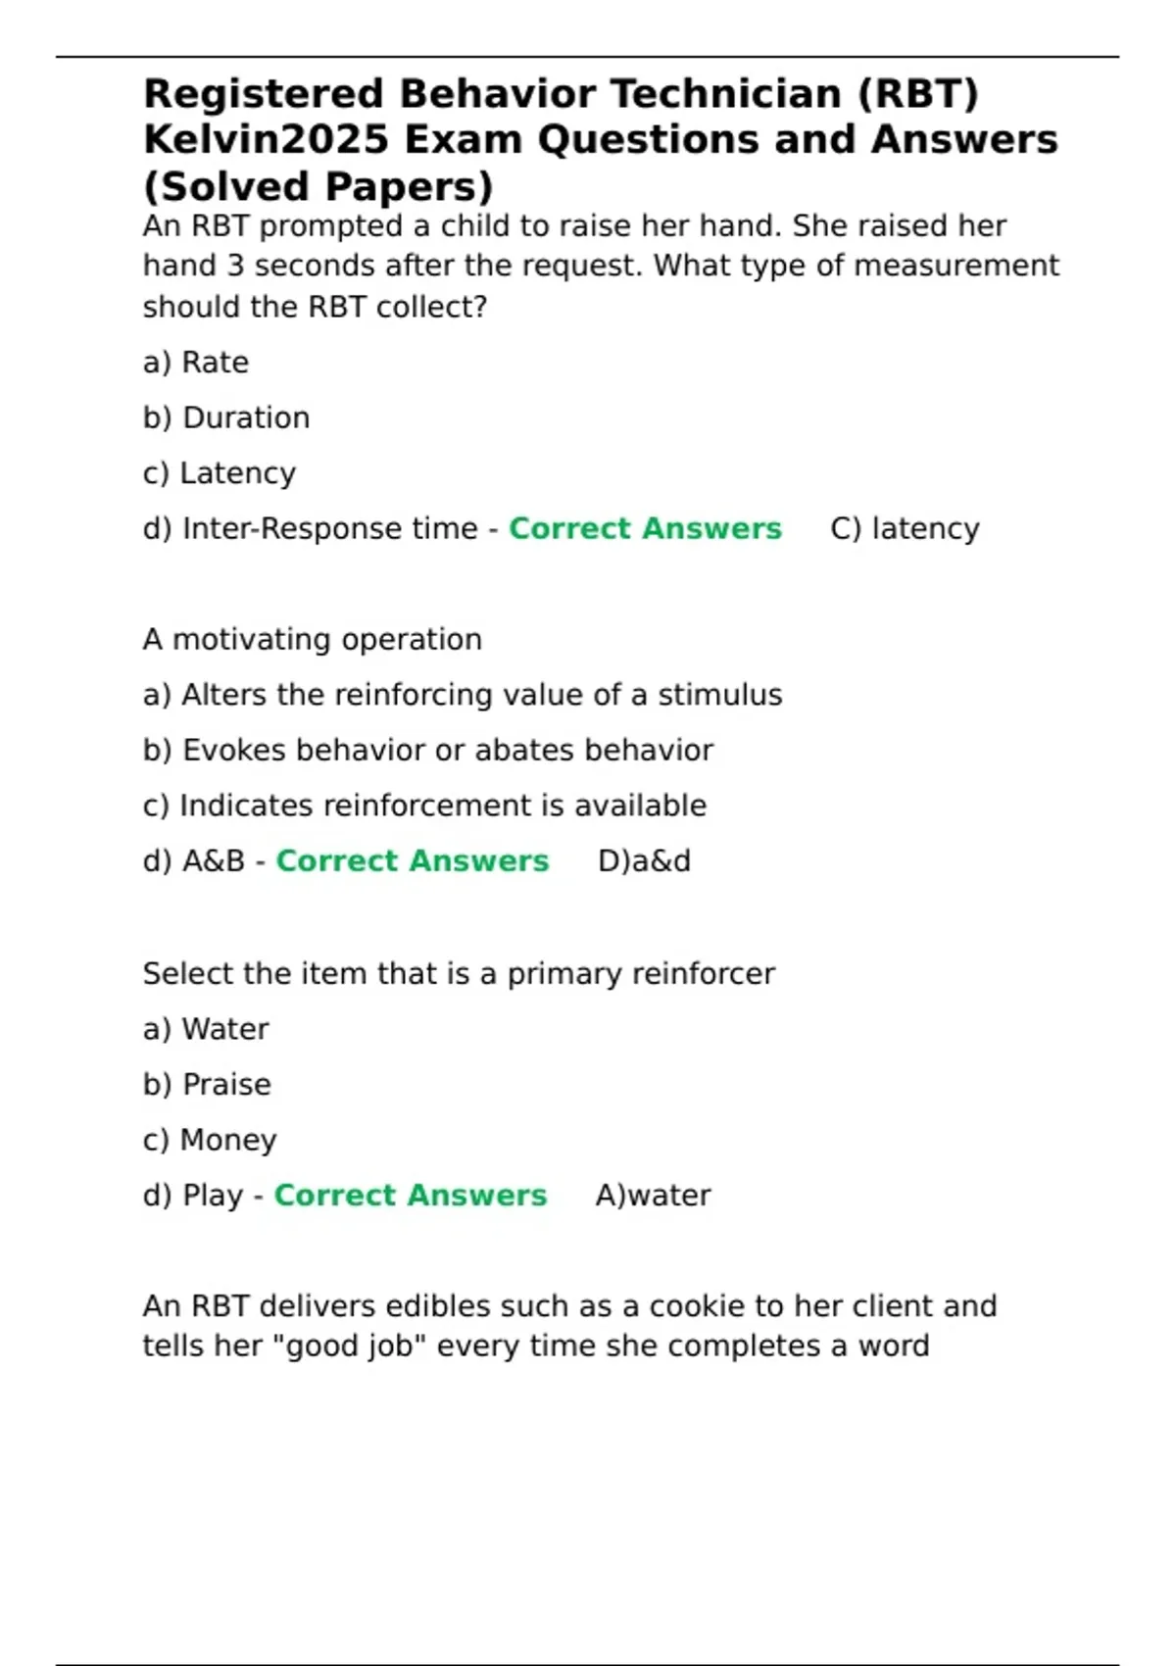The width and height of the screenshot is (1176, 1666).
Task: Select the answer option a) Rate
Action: click(196, 363)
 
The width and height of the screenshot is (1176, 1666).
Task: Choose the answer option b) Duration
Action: click(226, 418)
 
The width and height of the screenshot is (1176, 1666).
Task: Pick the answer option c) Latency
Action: click(220, 473)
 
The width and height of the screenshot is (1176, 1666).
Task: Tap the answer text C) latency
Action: click(905, 529)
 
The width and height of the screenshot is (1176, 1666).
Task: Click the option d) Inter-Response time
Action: click(310, 529)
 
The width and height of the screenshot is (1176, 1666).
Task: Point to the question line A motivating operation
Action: click(312, 640)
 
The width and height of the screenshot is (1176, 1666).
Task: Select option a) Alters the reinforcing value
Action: click(463, 695)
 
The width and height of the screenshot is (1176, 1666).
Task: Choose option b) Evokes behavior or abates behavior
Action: click(428, 751)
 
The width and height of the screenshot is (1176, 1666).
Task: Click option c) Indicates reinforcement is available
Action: click(424, 806)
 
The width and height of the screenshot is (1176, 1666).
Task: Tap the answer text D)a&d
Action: click(644, 861)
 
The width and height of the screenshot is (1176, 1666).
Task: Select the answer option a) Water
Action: click(206, 1029)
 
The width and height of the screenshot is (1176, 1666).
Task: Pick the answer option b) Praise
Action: click(207, 1085)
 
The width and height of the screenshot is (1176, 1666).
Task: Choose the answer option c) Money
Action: click(210, 1140)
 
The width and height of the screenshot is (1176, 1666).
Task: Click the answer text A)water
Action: click(653, 1196)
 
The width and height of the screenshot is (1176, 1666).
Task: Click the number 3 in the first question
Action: click(235, 267)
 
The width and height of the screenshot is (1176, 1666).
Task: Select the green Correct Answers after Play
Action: click(411, 1196)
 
